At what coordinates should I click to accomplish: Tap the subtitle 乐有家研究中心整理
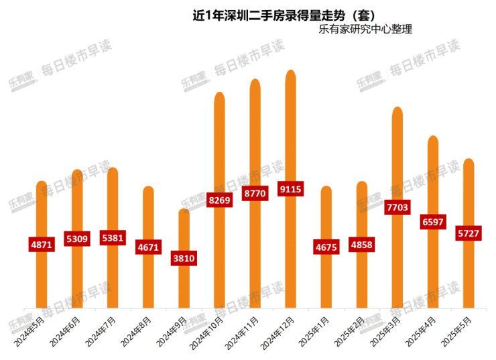click(365, 29)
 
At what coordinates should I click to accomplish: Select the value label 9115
click(290, 190)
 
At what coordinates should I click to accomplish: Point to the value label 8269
click(219, 199)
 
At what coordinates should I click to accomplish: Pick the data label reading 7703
click(397, 208)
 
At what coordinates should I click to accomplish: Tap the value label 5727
click(469, 233)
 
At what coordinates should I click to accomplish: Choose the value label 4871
click(42, 245)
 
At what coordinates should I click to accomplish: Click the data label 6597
click(433, 222)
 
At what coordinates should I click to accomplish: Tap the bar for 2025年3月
click(397, 154)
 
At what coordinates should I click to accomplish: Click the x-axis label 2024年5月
click(31, 329)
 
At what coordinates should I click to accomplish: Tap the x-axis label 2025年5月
click(458, 329)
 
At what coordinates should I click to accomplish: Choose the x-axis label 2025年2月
click(350, 329)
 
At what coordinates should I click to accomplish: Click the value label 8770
click(255, 193)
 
